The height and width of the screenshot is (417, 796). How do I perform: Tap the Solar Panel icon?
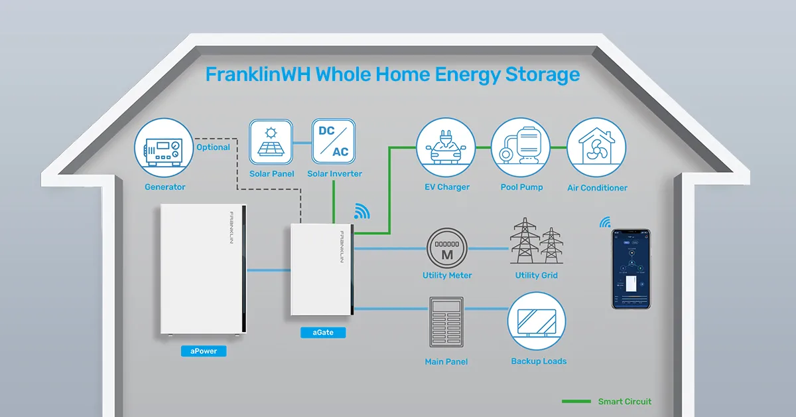271,141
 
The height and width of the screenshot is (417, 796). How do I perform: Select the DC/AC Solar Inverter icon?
334,141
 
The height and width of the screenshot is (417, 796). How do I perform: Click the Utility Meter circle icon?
447,248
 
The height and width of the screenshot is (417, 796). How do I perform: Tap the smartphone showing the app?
631,269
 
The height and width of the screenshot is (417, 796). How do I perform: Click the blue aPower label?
203,351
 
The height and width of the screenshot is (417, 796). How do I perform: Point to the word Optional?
213,147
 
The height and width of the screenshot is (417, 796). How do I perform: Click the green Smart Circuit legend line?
576,402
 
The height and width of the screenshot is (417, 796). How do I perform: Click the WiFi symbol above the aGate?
362,211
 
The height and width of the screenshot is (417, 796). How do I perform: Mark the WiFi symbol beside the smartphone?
605,222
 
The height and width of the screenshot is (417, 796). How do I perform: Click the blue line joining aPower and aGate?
269,270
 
